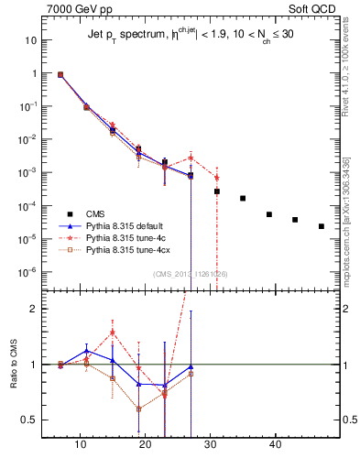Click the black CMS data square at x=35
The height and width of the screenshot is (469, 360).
tap(243, 198)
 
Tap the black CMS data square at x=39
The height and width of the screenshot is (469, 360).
tap(269, 214)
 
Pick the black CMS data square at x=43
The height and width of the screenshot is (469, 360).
tap(295, 220)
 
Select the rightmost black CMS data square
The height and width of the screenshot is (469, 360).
tap(321, 226)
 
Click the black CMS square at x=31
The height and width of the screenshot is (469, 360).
tap(217, 191)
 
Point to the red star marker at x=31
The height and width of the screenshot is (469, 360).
tap(217, 178)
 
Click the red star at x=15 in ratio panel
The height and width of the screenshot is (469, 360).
tap(113, 333)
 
